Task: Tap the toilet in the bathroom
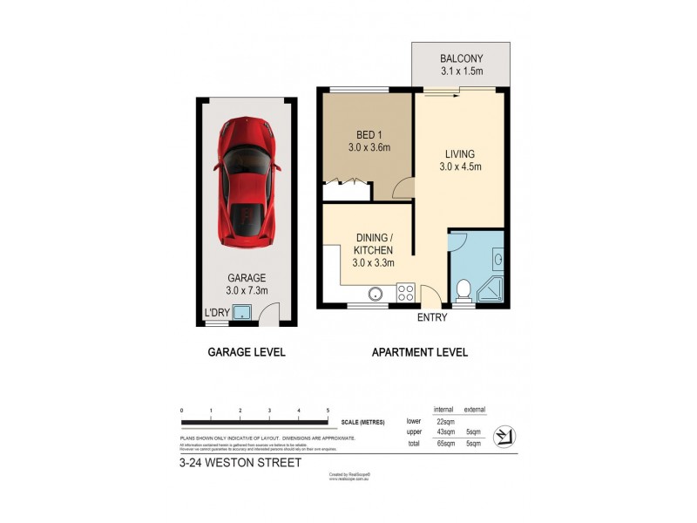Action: click(463, 289)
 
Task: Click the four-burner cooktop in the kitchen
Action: click(406, 294)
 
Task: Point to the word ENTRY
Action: click(432, 318)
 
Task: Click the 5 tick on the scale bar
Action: click(328, 410)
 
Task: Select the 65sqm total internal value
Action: click(444, 444)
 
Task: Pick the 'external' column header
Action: click(475, 409)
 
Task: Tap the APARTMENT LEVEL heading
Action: click(420, 353)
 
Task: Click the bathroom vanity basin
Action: click(497, 258)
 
